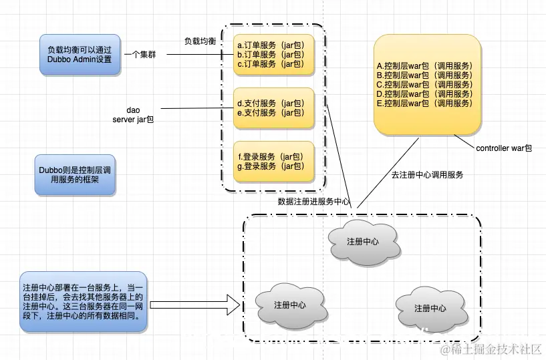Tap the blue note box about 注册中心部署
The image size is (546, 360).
83,302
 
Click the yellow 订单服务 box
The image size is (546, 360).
274,55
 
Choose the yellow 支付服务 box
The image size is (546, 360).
274,108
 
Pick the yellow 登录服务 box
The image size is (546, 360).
274,161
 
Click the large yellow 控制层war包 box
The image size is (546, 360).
428,85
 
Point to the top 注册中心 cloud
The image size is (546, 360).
363,242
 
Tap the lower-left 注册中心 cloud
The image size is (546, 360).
290,305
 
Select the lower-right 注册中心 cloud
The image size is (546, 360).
430,308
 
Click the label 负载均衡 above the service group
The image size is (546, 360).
200,41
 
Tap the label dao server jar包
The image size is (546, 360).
134,114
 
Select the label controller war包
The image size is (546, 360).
504,148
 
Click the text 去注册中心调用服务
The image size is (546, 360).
427,175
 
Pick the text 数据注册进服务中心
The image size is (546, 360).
313,201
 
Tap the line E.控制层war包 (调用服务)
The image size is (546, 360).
424,104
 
